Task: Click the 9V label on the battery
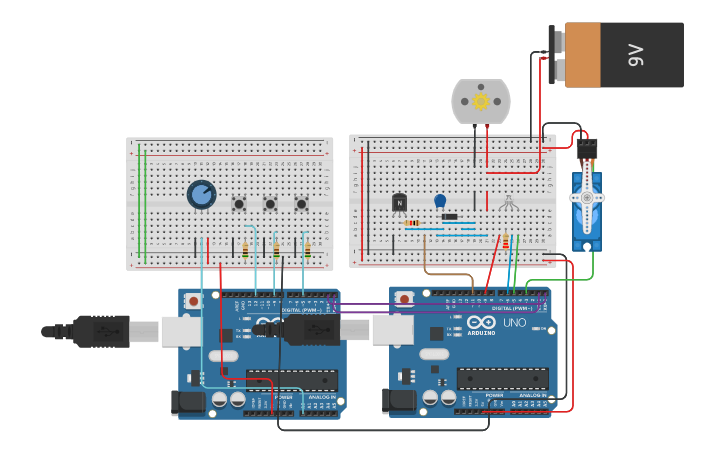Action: click(x=636, y=55)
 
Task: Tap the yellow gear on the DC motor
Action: click(x=481, y=101)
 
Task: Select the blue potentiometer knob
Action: click(x=201, y=194)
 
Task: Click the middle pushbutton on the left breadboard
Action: click(x=270, y=204)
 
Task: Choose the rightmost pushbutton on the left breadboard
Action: click(x=301, y=204)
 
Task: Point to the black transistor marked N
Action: click(x=400, y=203)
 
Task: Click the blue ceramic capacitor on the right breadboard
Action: click(x=440, y=201)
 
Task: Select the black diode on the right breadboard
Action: click(x=450, y=217)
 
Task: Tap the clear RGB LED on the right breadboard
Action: click(x=509, y=204)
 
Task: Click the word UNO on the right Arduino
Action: click(x=513, y=323)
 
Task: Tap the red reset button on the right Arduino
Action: click(x=403, y=298)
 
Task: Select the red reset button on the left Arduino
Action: click(x=192, y=298)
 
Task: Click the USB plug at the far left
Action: click(x=100, y=331)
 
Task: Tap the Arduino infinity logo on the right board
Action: click(x=481, y=323)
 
